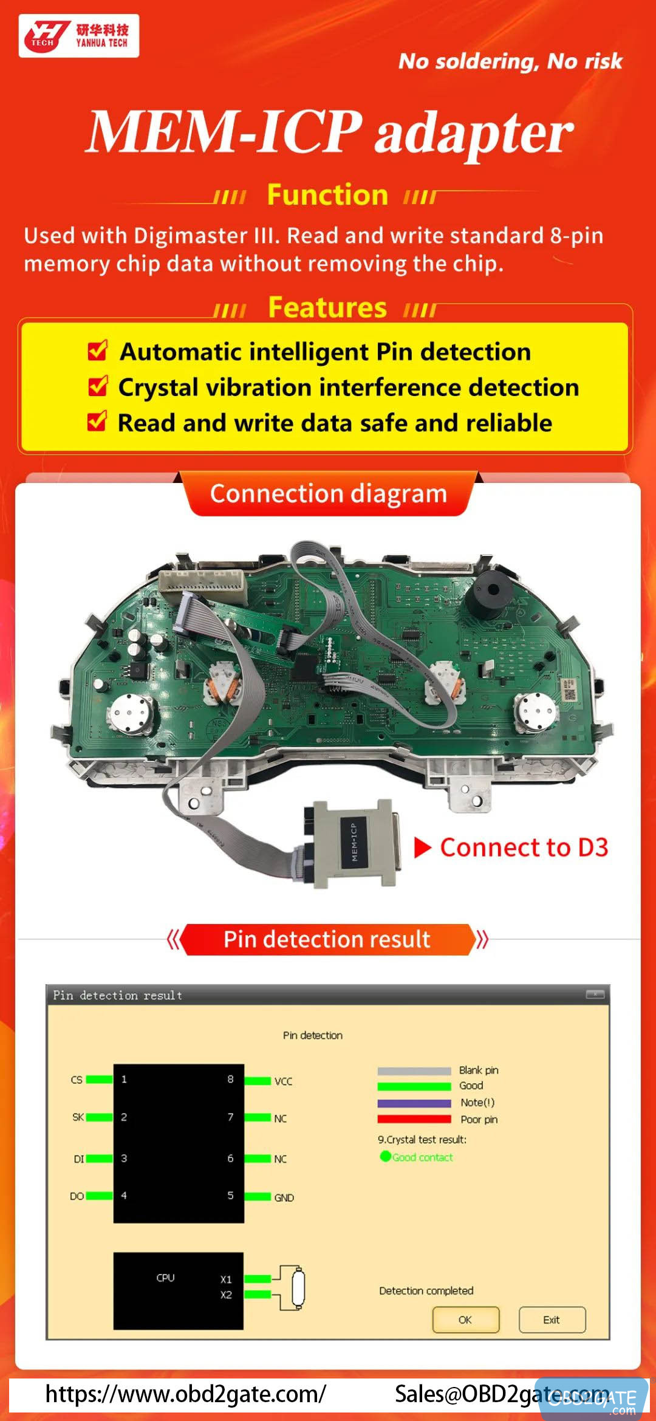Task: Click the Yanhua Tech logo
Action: point(78,36)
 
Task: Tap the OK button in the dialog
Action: point(465,1320)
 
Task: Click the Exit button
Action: point(552,1320)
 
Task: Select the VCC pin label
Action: point(283,1081)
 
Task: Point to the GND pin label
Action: point(284,1197)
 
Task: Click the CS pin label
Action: point(77,1080)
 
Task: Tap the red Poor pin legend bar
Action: point(414,1119)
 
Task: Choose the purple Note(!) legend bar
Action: point(414,1103)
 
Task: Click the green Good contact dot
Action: point(385,1156)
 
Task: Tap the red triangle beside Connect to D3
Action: point(422,847)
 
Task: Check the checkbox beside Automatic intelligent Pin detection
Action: point(97,351)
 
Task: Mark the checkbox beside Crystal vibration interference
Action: point(97,386)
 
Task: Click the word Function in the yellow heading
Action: point(327,195)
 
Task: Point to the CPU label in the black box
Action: point(165,1278)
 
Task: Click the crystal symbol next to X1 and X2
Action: point(297,1287)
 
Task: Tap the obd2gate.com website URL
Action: point(185,1394)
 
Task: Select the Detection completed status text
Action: point(426,1290)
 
